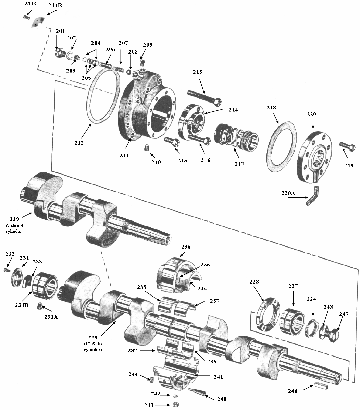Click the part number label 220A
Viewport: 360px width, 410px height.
click(x=288, y=193)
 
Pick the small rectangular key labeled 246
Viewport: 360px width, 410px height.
click(x=321, y=386)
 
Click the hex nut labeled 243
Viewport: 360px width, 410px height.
click(x=176, y=405)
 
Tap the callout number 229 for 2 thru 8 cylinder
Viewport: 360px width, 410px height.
click(x=14, y=219)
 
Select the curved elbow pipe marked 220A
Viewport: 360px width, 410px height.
click(x=312, y=196)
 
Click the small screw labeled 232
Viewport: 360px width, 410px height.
click(x=7, y=270)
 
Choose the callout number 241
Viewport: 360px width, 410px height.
click(x=218, y=377)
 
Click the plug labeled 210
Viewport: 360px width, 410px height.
click(x=147, y=148)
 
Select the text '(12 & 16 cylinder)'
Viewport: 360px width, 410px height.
click(x=93, y=347)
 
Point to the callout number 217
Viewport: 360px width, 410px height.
click(x=239, y=164)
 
